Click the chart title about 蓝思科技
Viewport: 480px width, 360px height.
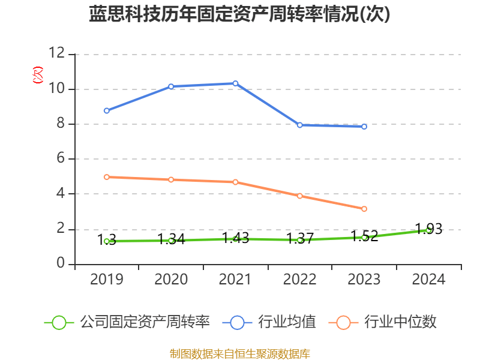point(239,14)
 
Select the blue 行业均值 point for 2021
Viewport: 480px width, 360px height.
point(235,83)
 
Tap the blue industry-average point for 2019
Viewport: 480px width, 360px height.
point(106,110)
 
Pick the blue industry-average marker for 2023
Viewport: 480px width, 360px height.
point(364,127)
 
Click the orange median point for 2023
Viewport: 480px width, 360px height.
point(364,209)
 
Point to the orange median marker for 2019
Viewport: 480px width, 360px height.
point(106,177)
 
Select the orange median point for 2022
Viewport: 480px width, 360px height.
point(299,196)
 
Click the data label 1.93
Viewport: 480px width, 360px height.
point(428,229)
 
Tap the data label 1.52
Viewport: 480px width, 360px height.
point(364,236)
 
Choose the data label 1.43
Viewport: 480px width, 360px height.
point(235,238)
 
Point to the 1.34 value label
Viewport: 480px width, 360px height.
point(171,239)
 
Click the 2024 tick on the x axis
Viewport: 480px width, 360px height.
point(428,280)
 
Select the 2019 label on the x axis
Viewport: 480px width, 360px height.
point(106,280)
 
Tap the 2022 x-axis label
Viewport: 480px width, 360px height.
point(299,280)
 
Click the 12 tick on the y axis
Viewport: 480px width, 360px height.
point(57,54)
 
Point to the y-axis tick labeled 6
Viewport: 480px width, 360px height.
point(61,159)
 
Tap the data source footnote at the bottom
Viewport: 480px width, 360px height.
point(239,353)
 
